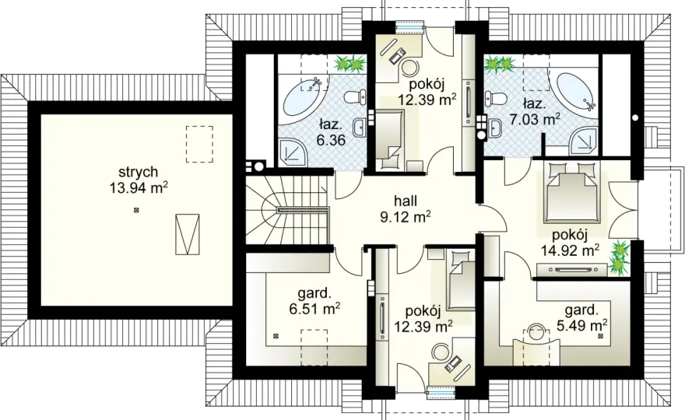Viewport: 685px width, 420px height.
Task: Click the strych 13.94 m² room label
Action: (139, 180)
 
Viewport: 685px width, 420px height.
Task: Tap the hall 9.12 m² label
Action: (406, 208)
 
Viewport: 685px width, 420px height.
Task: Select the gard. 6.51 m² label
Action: (314, 301)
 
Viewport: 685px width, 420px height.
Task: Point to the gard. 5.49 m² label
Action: (581, 318)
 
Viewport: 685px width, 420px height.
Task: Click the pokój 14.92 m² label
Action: (570, 243)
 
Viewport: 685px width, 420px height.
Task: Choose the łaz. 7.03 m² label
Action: (535, 111)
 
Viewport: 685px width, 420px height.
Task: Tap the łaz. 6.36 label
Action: (330, 132)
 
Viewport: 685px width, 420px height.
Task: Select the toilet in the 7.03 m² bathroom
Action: (494, 97)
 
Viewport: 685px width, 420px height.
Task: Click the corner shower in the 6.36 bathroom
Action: (293, 152)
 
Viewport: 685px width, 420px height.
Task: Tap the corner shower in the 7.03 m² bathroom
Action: (583, 142)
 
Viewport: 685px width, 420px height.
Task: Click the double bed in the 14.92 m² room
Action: (569, 192)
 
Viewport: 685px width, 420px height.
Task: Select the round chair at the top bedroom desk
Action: (410, 68)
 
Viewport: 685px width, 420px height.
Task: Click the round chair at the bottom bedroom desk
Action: (441, 352)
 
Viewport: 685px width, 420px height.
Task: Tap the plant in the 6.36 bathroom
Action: (350, 64)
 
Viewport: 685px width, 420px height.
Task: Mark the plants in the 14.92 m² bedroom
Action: (620, 257)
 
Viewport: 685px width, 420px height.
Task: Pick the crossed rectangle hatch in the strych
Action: (188, 233)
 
